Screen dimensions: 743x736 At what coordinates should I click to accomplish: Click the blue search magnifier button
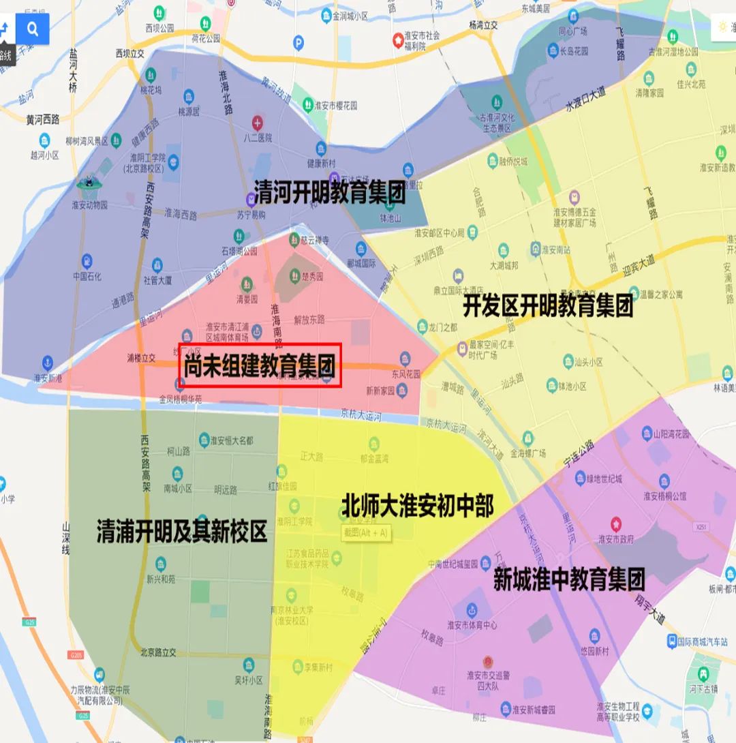(x=32, y=29)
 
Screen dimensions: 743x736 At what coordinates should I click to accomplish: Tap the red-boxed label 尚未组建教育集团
(x=260, y=366)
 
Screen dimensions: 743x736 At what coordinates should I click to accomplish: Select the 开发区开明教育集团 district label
(x=548, y=306)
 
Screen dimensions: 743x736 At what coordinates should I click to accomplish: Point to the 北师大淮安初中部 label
(x=417, y=506)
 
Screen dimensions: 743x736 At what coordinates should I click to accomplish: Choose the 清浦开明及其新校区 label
(x=181, y=532)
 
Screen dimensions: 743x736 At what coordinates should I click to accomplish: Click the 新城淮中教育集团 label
(x=569, y=579)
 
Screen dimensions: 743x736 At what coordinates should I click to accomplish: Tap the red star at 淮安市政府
(x=616, y=524)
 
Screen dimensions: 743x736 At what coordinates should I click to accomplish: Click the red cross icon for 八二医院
(x=258, y=123)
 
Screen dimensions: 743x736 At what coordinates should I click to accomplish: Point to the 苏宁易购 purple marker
(x=250, y=200)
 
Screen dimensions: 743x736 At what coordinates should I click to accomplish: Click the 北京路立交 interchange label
(x=158, y=652)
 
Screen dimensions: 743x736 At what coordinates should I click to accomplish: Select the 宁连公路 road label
(x=579, y=452)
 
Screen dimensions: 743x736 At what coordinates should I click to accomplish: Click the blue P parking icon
(x=298, y=43)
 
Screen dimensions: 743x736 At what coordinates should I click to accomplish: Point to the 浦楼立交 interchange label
(x=142, y=357)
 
